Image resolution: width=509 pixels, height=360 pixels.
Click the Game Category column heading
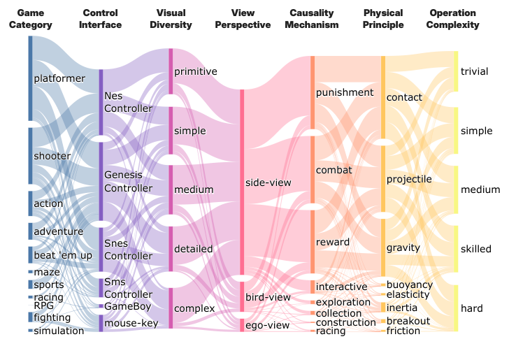[x=30, y=19]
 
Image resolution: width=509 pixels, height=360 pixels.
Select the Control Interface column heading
[x=101, y=19]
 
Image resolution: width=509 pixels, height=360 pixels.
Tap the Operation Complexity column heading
[x=453, y=19]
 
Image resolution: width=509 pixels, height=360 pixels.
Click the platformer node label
[x=59, y=78]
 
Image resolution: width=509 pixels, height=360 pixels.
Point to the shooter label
[x=52, y=156]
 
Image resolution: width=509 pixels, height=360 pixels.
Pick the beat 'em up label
[x=63, y=255]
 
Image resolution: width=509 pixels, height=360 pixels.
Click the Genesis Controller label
[x=123, y=181]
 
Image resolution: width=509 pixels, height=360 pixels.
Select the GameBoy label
[x=124, y=306]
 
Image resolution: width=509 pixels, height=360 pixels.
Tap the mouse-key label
[x=131, y=323]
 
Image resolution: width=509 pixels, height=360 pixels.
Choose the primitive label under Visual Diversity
[x=196, y=71]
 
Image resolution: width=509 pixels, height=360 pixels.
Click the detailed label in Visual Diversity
[x=194, y=249]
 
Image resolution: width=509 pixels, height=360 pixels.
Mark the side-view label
[x=268, y=182]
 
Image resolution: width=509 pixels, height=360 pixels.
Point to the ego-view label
[x=267, y=325]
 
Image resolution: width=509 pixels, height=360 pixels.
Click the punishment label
[x=345, y=92]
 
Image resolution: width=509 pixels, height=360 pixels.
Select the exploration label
[x=343, y=303]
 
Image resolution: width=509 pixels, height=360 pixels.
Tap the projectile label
[x=409, y=179]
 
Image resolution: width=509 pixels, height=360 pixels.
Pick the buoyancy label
[x=410, y=285]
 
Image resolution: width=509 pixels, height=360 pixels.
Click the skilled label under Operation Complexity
[x=476, y=249]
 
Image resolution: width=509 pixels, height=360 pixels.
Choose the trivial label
[x=475, y=71]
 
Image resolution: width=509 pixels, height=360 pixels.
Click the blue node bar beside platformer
[x=30, y=78]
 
